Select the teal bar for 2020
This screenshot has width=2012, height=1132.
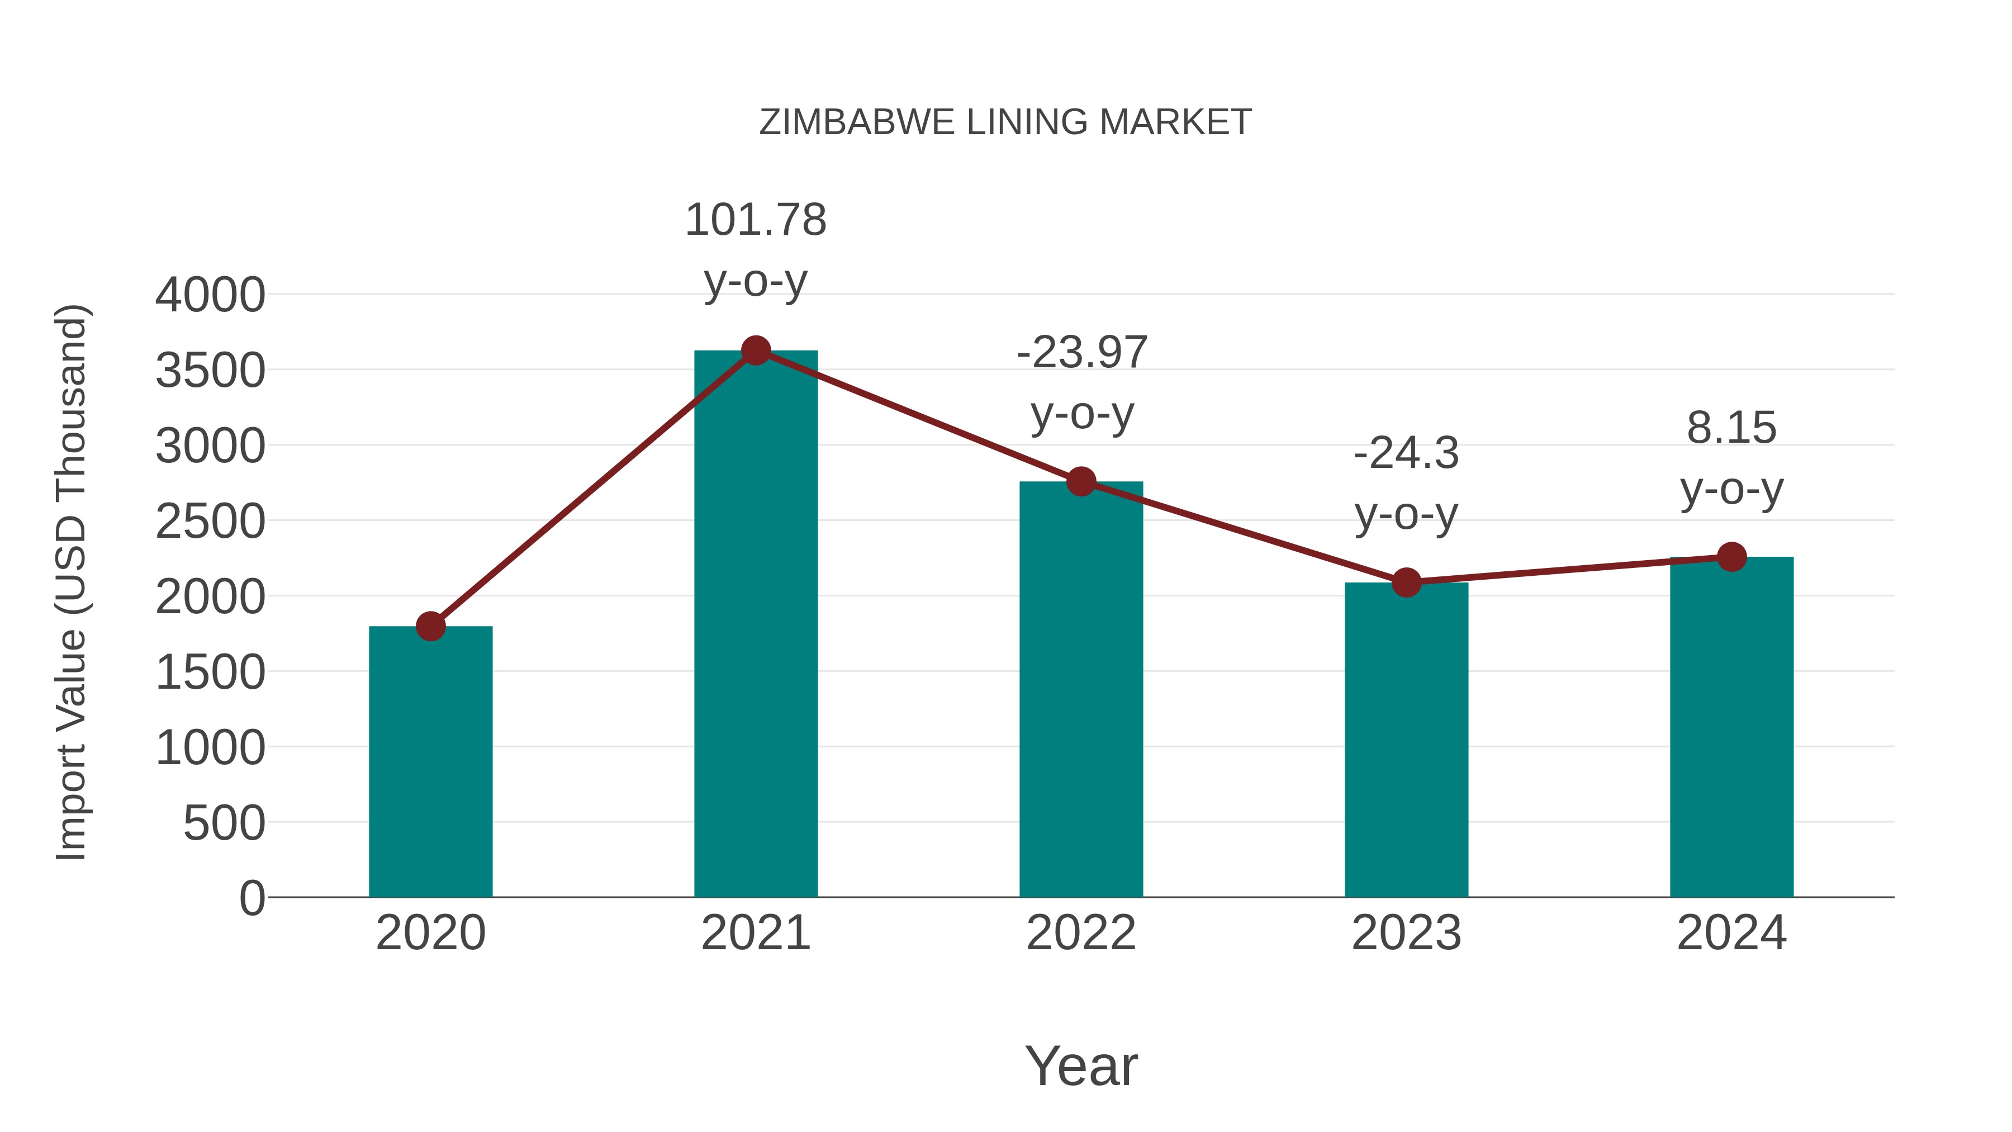click(x=430, y=762)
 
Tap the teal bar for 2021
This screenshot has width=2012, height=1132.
click(x=755, y=625)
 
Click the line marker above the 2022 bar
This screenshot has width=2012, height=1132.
click(x=1081, y=482)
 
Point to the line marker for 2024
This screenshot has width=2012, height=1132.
click(x=1731, y=557)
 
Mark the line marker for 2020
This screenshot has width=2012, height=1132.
click(x=430, y=626)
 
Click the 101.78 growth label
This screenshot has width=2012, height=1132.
click(x=755, y=220)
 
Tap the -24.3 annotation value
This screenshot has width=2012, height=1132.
click(x=1406, y=453)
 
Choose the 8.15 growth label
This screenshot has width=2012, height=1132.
click(x=1731, y=428)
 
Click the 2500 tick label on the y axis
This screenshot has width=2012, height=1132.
click(x=210, y=522)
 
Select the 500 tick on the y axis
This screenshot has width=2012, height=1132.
click(x=224, y=823)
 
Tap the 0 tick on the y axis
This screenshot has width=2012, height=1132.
click(x=252, y=898)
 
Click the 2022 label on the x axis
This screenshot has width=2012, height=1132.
click(x=1081, y=933)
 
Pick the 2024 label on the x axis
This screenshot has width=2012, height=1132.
click(x=1731, y=933)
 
